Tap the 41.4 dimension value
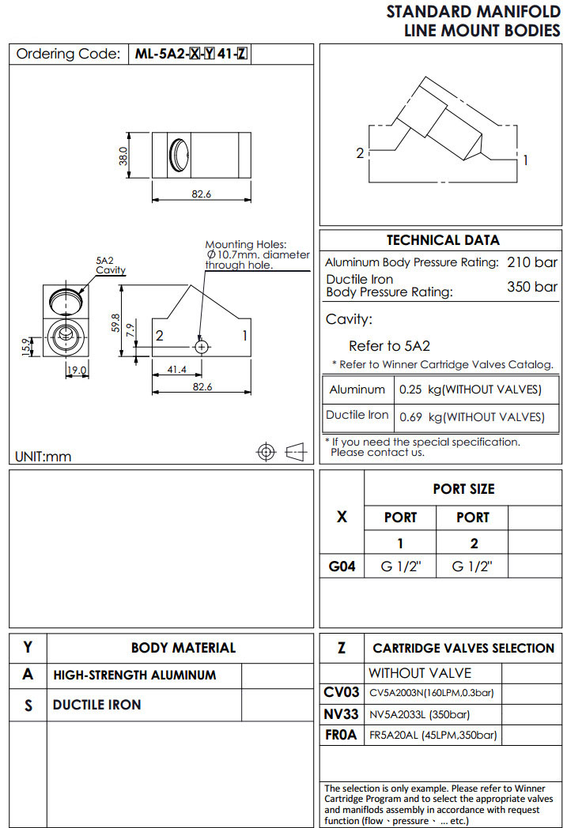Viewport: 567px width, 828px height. pos(177,370)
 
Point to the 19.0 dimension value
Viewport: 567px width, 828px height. pos(77,370)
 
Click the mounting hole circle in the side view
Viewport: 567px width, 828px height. pos(202,347)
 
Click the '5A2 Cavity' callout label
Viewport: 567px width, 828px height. pos(110,265)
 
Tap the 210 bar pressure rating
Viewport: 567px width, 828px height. pos(531,262)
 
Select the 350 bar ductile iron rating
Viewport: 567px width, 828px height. pos(531,286)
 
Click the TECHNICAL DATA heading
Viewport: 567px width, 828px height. pos(443,240)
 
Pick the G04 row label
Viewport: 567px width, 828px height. pos(342,566)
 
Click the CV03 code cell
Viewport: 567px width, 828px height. pos(342,693)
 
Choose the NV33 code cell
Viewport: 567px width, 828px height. pos(342,714)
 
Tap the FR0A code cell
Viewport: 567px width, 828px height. pos(342,736)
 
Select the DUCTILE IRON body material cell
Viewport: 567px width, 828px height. pos(97,704)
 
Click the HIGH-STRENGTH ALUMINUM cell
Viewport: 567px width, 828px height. pos(134,676)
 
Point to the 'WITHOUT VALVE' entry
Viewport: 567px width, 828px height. pos(419,673)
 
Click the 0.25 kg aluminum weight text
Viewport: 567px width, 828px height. pos(470,390)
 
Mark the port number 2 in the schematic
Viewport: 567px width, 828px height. pos(360,152)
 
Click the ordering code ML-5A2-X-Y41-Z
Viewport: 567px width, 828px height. pos(191,54)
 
